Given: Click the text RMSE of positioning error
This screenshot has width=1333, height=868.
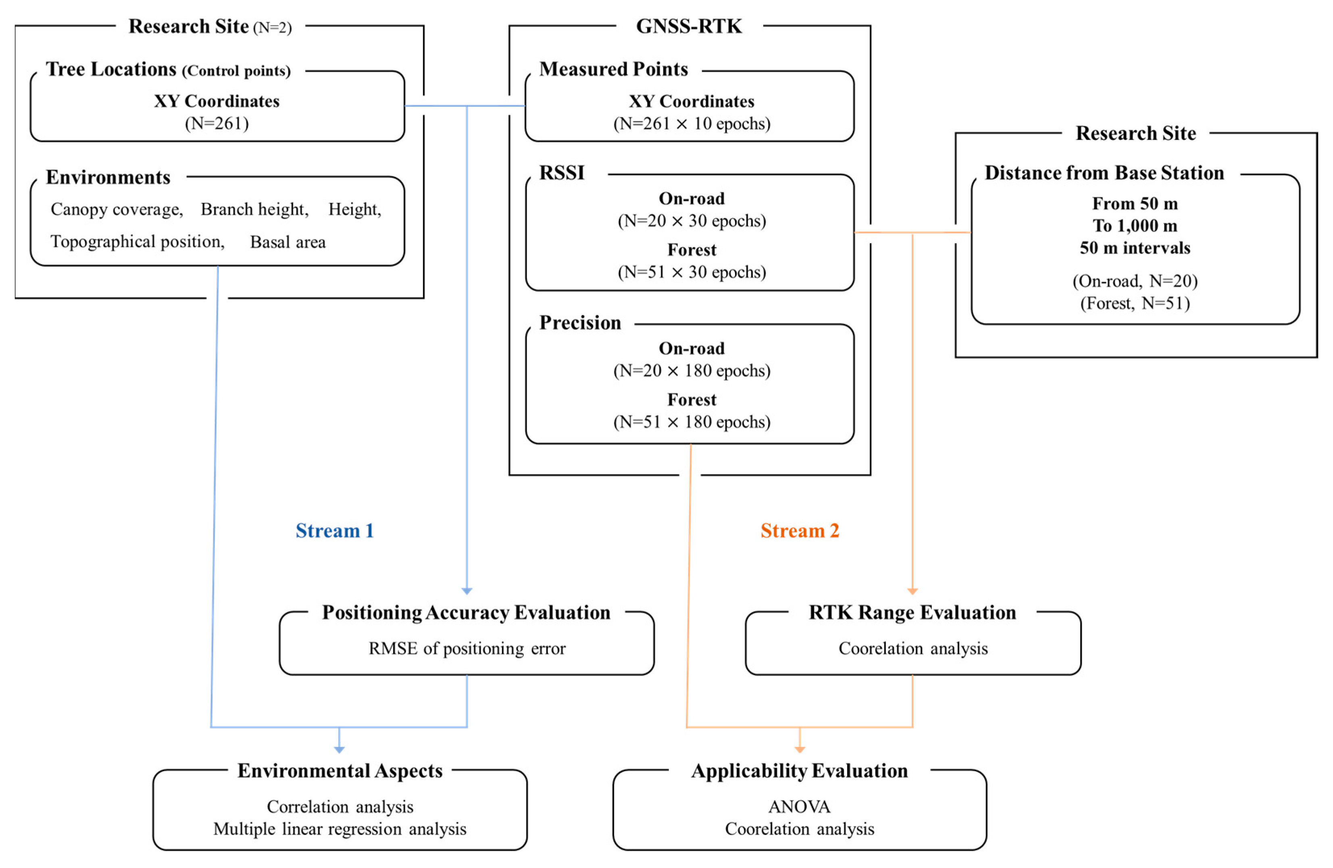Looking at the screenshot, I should (x=467, y=648).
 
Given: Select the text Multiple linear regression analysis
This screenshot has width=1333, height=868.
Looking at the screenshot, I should (x=339, y=829).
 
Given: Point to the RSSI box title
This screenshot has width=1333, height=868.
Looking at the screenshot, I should (x=561, y=173).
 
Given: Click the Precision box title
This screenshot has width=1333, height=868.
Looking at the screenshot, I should (x=580, y=323).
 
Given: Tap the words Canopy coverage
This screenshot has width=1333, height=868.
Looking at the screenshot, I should (x=117, y=209).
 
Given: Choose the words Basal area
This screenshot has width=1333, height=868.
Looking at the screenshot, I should (x=287, y=242).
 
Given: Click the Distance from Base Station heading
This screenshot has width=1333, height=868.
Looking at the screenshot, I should (x=1104, y=173).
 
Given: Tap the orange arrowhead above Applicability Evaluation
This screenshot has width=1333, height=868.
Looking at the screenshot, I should (x=800, y=749).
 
